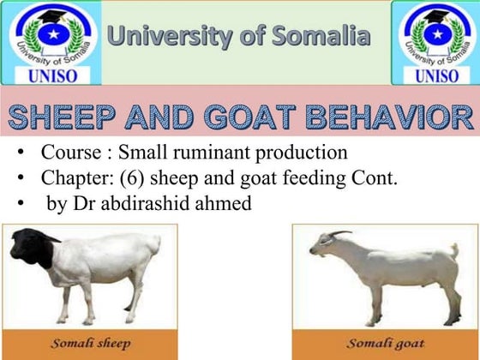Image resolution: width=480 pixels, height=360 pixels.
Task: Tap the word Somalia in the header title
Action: [321, 36]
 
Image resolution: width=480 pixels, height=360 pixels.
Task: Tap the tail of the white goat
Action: [454, 251]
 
